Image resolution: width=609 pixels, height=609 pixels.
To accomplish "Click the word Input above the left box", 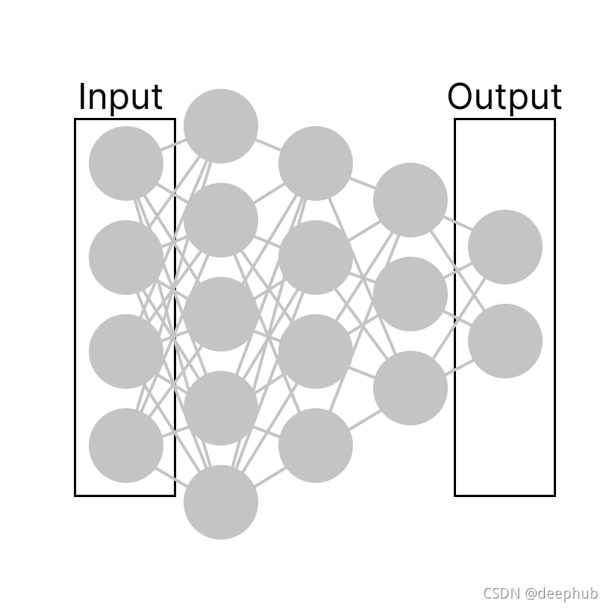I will tap(120, 97).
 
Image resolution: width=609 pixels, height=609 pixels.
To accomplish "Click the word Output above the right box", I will tap(505, 97).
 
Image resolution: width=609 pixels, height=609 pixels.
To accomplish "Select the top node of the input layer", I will tap(126, 163).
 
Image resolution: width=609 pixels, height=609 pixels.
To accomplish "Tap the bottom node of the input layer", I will tap(126, 446).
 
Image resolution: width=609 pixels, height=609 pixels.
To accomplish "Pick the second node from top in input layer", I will tap(126, 257).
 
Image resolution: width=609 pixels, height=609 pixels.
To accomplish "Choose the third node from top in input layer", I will tap(126, 352).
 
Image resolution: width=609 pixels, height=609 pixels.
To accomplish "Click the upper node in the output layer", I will tap(505, 247).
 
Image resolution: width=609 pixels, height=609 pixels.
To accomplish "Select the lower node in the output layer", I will tap(505, 341).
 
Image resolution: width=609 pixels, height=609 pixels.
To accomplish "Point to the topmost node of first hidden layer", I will tap(221, 126).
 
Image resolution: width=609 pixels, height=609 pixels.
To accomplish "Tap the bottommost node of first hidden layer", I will tap(221, 502).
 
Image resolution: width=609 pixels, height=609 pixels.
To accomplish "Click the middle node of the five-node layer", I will tap(221, 314).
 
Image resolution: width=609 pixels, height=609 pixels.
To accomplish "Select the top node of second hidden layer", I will tap(316, 163).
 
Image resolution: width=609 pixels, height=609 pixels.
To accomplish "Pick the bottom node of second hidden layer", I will tap(316, 446).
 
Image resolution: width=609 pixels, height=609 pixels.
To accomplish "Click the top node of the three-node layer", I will tap(410, 200).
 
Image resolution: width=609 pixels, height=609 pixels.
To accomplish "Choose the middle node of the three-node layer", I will tap(410, 294).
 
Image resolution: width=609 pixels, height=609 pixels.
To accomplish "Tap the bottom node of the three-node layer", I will tap(410, 388).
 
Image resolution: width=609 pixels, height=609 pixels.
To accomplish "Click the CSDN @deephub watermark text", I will tap(540, 594).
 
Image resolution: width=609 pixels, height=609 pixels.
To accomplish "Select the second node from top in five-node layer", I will tap(221, 220).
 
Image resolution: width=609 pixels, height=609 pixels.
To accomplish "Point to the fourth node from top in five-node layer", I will tap(221, 408).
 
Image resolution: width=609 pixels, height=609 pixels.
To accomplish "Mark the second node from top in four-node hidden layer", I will tap(316, 257).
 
